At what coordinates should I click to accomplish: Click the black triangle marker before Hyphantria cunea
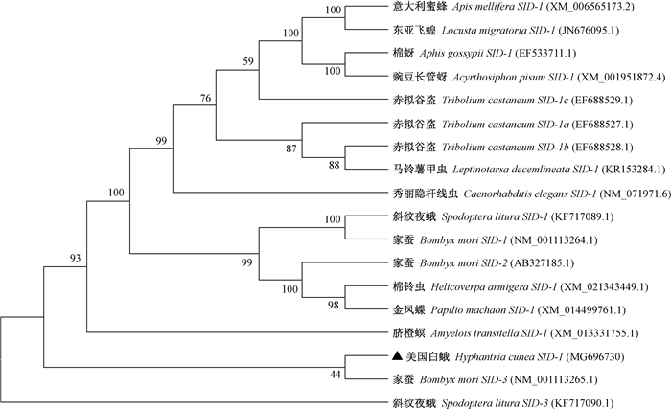pos(396,356)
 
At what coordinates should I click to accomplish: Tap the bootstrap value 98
pos(333,304)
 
